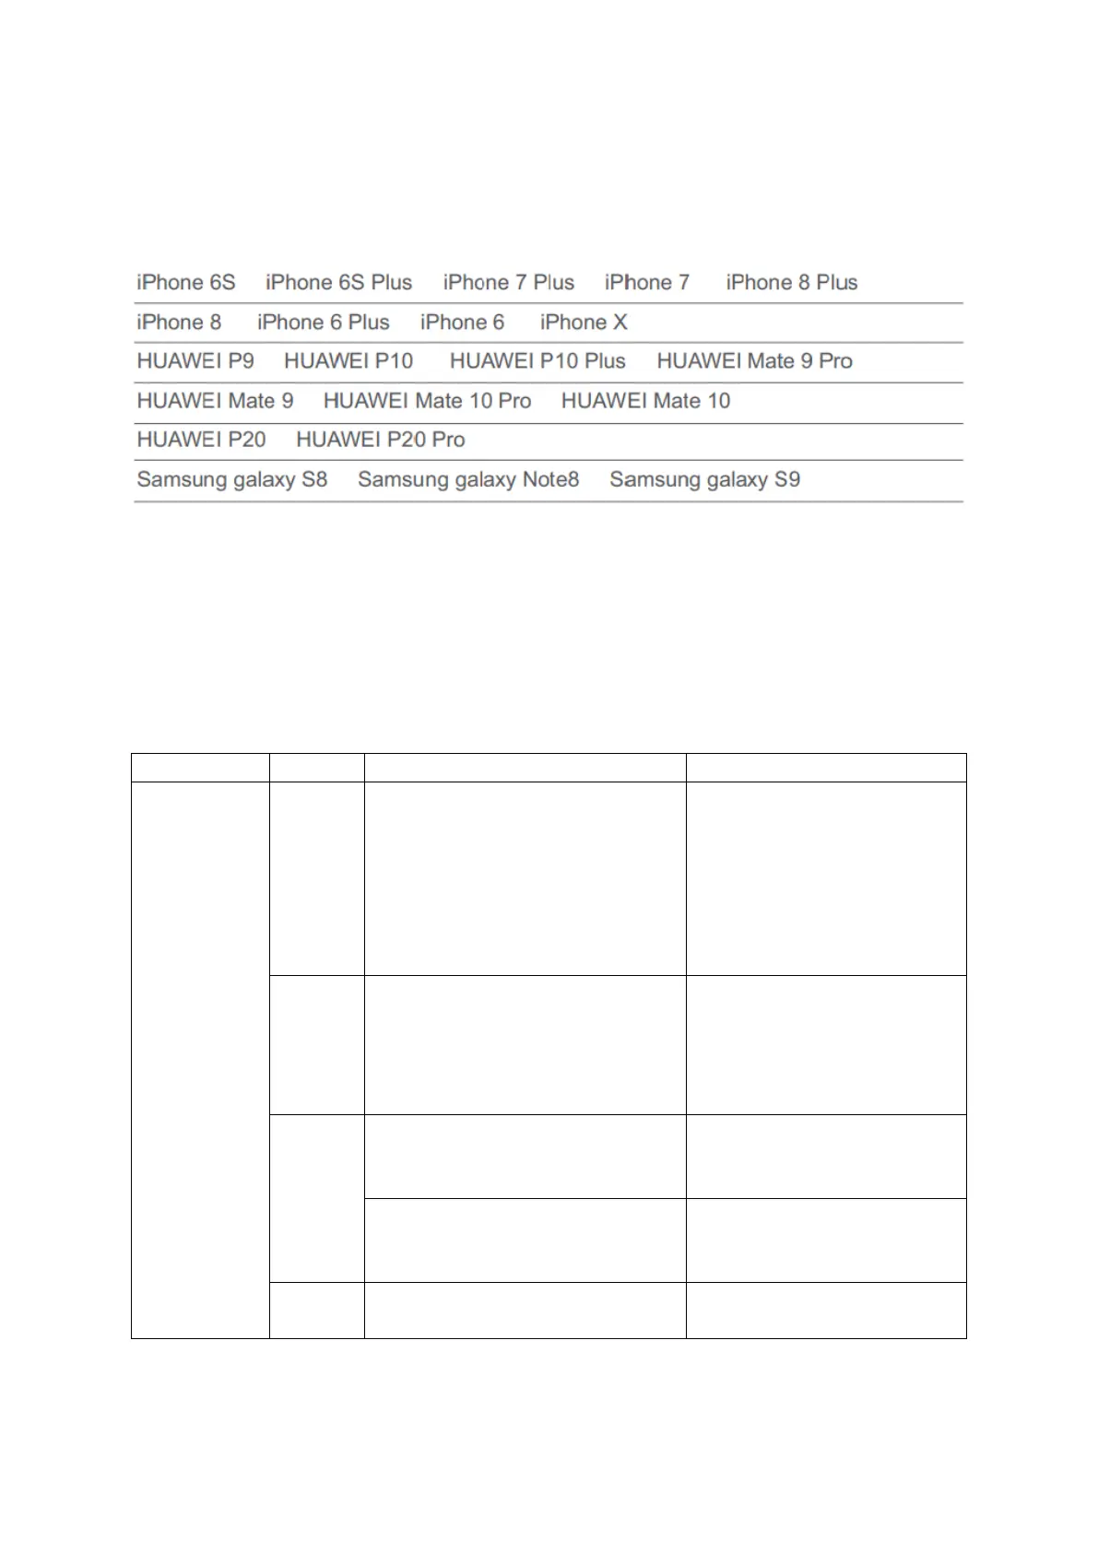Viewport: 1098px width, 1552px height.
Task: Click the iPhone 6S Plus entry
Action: click(x=338, y=282)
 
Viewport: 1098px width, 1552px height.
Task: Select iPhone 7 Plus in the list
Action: click(x=508, y=282)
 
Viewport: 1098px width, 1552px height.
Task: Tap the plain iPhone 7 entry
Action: click(x=646, y=282)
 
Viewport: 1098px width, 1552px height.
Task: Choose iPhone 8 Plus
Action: click(x=791, y=282)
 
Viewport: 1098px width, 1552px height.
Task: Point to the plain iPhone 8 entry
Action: click(x=179, y=322)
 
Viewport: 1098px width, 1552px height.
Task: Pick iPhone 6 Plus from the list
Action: click(x=323, y=322)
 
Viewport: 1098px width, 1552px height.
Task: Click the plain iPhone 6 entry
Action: click(x=462, y=322)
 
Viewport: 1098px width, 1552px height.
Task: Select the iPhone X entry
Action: click(x=584, y=322)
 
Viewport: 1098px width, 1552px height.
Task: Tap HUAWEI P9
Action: click(x=195, y=360)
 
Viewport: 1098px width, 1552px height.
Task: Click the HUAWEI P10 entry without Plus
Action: click(x=348, y=360)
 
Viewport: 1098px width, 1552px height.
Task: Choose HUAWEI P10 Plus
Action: click(x=537, y=360)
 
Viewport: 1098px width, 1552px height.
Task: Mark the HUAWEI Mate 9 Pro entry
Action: click(x=754, y=360)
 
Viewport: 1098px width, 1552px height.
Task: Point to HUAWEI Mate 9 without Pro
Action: click(x=215, y=401)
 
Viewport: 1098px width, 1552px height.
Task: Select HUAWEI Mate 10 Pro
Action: click(x=427, y=401)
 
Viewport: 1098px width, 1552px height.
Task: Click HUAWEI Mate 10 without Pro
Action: click(x=645, y=401)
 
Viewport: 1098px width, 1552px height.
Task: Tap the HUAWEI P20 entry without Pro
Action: click(x=201, y=440)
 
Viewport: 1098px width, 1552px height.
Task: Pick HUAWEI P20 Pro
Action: click(x=380, y=440)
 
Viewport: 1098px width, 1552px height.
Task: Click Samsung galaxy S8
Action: click(x=232, y=479)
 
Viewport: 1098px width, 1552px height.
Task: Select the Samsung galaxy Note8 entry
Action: click(x=468, y=479)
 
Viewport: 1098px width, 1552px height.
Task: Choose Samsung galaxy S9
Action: click(x=704, y=479)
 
